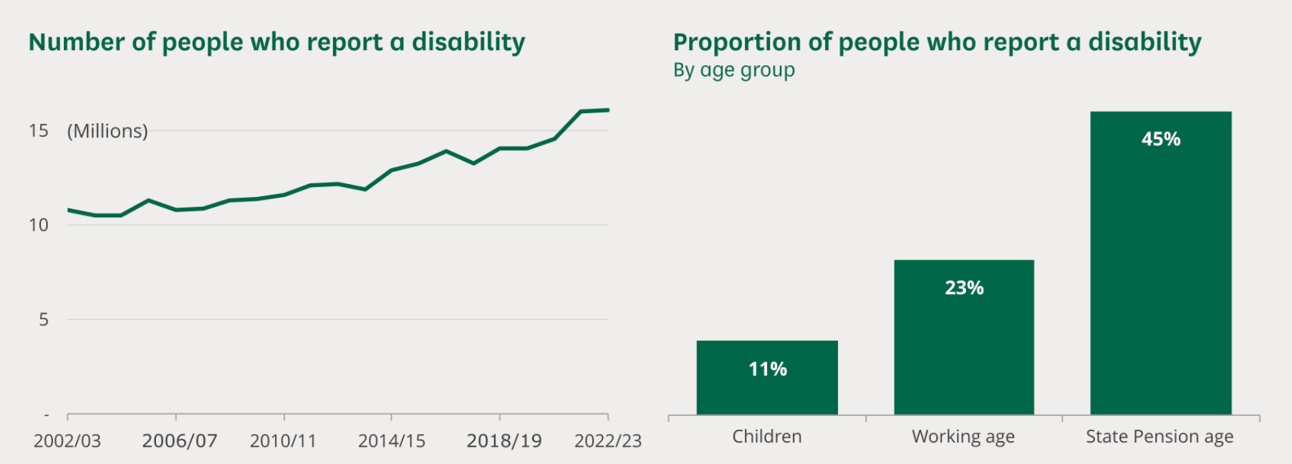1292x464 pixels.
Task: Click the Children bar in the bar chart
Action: pyautogui.click(x=767, y=390)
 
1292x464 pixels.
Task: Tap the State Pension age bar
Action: pyautogui.click(x=1161, y=272)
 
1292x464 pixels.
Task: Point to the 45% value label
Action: pyautogui.click(x=1161, y=139)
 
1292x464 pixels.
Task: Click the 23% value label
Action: pyautogui.click(x=964, y=288)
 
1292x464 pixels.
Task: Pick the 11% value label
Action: pyautogui.click(x=768, y=369)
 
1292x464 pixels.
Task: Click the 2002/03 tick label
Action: pyautogui.click(x=67, y=441)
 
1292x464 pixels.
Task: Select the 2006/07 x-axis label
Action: pyautogui.click(x=179, y=441)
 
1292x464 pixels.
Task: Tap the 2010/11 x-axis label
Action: pyautogui.click(x=283, y=441)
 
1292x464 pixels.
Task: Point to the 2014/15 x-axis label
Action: pyautogui.click(x=392, y=441)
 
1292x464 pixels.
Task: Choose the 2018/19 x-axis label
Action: pyautogui.click(x=504, y=441)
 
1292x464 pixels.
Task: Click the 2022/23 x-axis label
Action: pyautogui.click(x=608, y=441)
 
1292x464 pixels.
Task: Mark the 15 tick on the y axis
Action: pyautogui.click(x=39, y=131)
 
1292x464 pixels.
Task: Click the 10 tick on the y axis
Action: pyautogui.click(x=39, y=226)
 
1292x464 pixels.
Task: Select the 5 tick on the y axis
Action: pyautogui.click(x=44, y=320)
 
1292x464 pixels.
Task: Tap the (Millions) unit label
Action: pyautogui.click(x=107, y=131)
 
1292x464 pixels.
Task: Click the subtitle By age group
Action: pyautogui.click(x=734, y=70)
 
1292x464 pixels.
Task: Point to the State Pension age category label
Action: pyautogui.click(x=1160, y=437)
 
